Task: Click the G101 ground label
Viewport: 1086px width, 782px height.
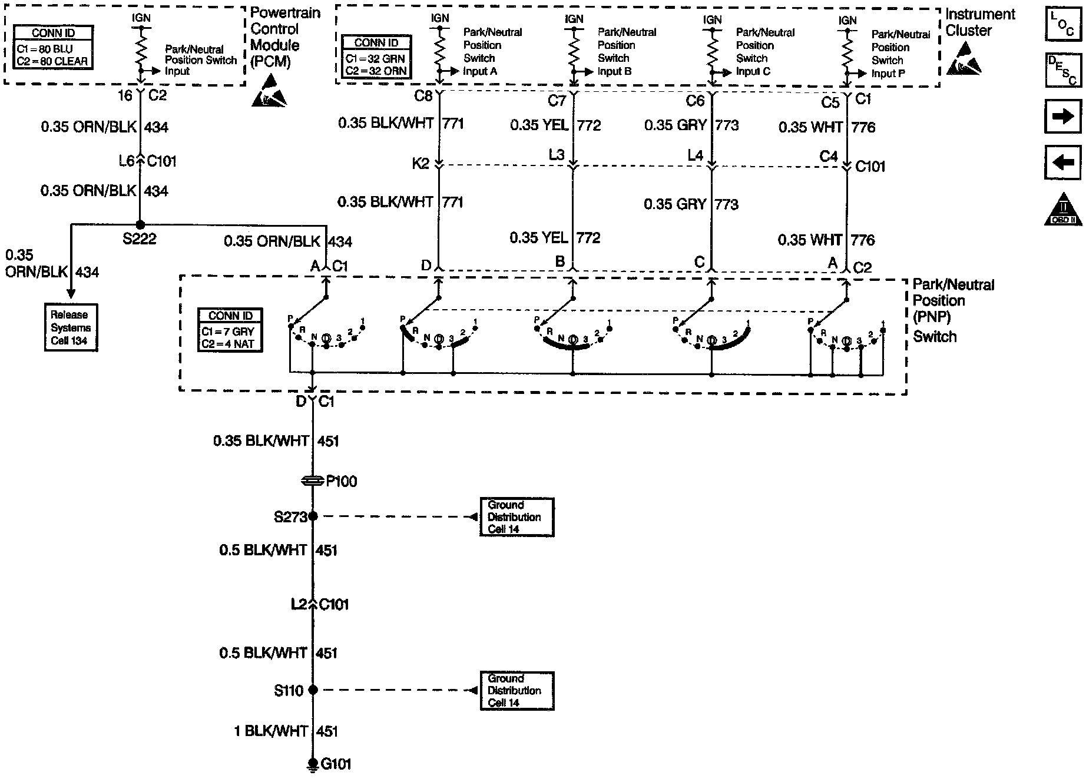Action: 336,764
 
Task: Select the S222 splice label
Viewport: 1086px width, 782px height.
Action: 140,239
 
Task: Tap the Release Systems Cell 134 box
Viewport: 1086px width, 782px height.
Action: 71,327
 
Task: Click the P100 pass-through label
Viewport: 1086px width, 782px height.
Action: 342,481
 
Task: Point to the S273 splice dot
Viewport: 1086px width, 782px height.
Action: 313,516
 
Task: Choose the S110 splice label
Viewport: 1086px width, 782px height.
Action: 289,690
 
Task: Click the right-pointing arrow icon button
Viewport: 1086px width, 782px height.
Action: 1062,117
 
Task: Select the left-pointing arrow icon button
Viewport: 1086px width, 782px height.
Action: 1062,162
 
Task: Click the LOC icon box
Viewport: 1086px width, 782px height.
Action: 1063,24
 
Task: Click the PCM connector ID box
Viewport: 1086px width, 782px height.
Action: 53,47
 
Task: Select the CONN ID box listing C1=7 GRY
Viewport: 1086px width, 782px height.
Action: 230,330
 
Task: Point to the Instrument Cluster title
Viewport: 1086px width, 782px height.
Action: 980,22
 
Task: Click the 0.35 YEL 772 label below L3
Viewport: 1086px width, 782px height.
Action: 555,238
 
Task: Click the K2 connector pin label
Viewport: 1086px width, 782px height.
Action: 421,164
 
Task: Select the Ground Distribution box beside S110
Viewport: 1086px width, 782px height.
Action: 516,690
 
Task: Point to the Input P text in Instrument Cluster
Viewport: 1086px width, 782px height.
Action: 888,74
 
